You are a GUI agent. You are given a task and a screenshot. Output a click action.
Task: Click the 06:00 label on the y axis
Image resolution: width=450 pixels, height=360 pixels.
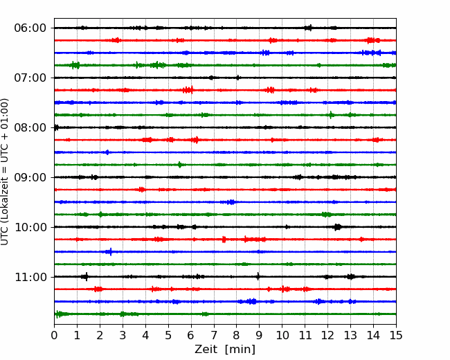pyautogui.click(x=30, y=28)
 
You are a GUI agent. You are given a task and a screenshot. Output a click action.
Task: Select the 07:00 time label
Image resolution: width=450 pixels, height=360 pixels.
pyautogui.click(x=30, y=78)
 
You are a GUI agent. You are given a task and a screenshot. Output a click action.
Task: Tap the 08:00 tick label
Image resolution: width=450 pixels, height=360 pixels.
pyautogui.click(x=30, y=127)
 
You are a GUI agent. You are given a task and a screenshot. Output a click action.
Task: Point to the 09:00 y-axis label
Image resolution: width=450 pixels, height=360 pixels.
pyautogui.click(x=30, y=177)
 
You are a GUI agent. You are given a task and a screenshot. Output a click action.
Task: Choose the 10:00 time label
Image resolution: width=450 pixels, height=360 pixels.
pyautogui.click(x=30, y=227)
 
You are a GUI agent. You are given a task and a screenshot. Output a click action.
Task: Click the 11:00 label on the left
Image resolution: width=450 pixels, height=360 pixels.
pyautogui.click(x=30, y=277)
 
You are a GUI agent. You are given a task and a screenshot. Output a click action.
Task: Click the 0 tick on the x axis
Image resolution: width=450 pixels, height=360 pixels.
pyautogui.click(x=54, y=335)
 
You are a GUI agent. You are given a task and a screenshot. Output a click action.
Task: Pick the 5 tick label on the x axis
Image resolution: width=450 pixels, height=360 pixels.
pyautogui.click(x=168, y=335)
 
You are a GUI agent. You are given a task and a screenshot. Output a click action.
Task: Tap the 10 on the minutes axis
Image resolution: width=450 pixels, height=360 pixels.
pyautogui.click(x=282, y=335)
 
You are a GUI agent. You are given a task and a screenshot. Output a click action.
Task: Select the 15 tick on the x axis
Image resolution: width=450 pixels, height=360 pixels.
pyautogui.click(x=396, y=335)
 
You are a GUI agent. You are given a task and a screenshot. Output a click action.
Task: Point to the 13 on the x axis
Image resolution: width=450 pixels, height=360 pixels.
pyautogui.click(x=350, y=335)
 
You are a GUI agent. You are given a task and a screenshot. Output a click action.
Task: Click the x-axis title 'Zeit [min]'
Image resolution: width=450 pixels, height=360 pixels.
pyautogui.click(x=225, y=350)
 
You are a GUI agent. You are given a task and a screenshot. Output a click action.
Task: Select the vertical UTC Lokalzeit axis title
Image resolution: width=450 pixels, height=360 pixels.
pyautogui.click(x=5, y=172)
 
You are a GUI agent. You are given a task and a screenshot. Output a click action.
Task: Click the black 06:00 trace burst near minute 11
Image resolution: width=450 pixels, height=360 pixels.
pyautogui.click(x=308, y=28)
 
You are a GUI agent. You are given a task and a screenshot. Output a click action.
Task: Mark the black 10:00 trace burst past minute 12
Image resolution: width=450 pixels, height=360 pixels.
pyautogui.click(x=338, y=227)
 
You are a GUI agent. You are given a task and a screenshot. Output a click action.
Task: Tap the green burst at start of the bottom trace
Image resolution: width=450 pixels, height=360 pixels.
pyautogui.click(x=59, y=314)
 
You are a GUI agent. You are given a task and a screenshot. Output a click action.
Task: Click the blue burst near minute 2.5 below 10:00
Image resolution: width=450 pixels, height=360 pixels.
pyautogui.click(x=109, y=252)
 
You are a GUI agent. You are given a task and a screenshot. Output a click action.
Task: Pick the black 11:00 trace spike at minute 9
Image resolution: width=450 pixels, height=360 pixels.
pyautogui.click(x=258, y=276)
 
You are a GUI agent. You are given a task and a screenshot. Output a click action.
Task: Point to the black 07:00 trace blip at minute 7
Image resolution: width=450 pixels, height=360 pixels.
pyautogui.click(x=212, y=78)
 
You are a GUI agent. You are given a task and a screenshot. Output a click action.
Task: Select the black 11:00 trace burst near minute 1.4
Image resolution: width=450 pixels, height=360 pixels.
pyautogui.click(x=85, y=277)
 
